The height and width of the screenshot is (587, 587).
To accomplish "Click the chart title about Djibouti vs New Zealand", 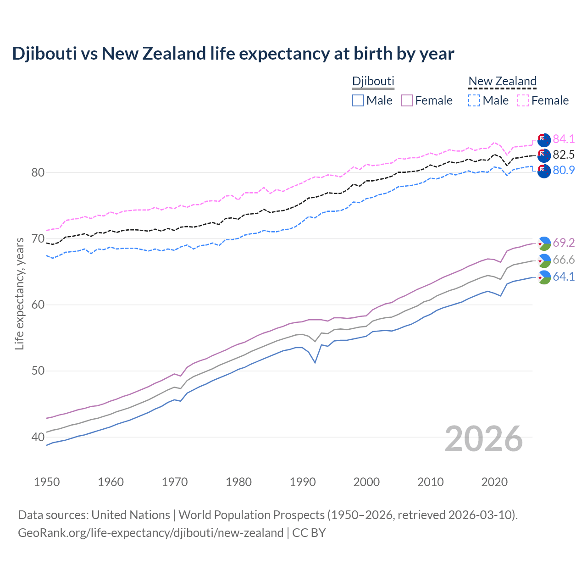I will [233, 54].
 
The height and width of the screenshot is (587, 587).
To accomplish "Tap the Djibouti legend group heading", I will [373, 81].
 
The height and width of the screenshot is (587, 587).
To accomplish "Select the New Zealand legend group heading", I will [502, 81].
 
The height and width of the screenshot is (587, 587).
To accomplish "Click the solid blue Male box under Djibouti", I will [358, 100].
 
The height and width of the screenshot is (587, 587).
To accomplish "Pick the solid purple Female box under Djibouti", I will [407, 100].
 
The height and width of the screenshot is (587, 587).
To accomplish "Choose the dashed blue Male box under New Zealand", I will [474, 100].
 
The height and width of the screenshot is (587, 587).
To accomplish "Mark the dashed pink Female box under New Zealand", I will [523, 100].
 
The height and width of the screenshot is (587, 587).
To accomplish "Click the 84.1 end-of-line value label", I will [564, 139].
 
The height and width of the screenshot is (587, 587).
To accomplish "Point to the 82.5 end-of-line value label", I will [564, 155].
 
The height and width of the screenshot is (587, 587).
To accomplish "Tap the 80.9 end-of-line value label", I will [564, 170].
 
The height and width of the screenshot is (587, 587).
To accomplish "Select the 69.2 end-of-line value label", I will [564, 243].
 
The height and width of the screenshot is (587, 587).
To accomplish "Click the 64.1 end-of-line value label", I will [564, 277].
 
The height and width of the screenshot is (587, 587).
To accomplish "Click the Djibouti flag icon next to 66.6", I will [544, 260].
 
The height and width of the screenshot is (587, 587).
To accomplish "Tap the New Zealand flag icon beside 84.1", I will [544, 140].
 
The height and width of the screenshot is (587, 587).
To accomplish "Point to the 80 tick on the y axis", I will [38, 172].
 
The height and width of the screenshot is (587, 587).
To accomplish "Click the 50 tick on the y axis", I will [38, 371].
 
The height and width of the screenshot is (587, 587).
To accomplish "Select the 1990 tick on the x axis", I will [303, 482].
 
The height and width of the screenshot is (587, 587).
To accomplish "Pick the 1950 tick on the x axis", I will [47, 482].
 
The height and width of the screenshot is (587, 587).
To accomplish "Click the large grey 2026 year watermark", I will [484, 439].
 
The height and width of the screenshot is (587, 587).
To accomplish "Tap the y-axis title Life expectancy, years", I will [19, 293].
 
